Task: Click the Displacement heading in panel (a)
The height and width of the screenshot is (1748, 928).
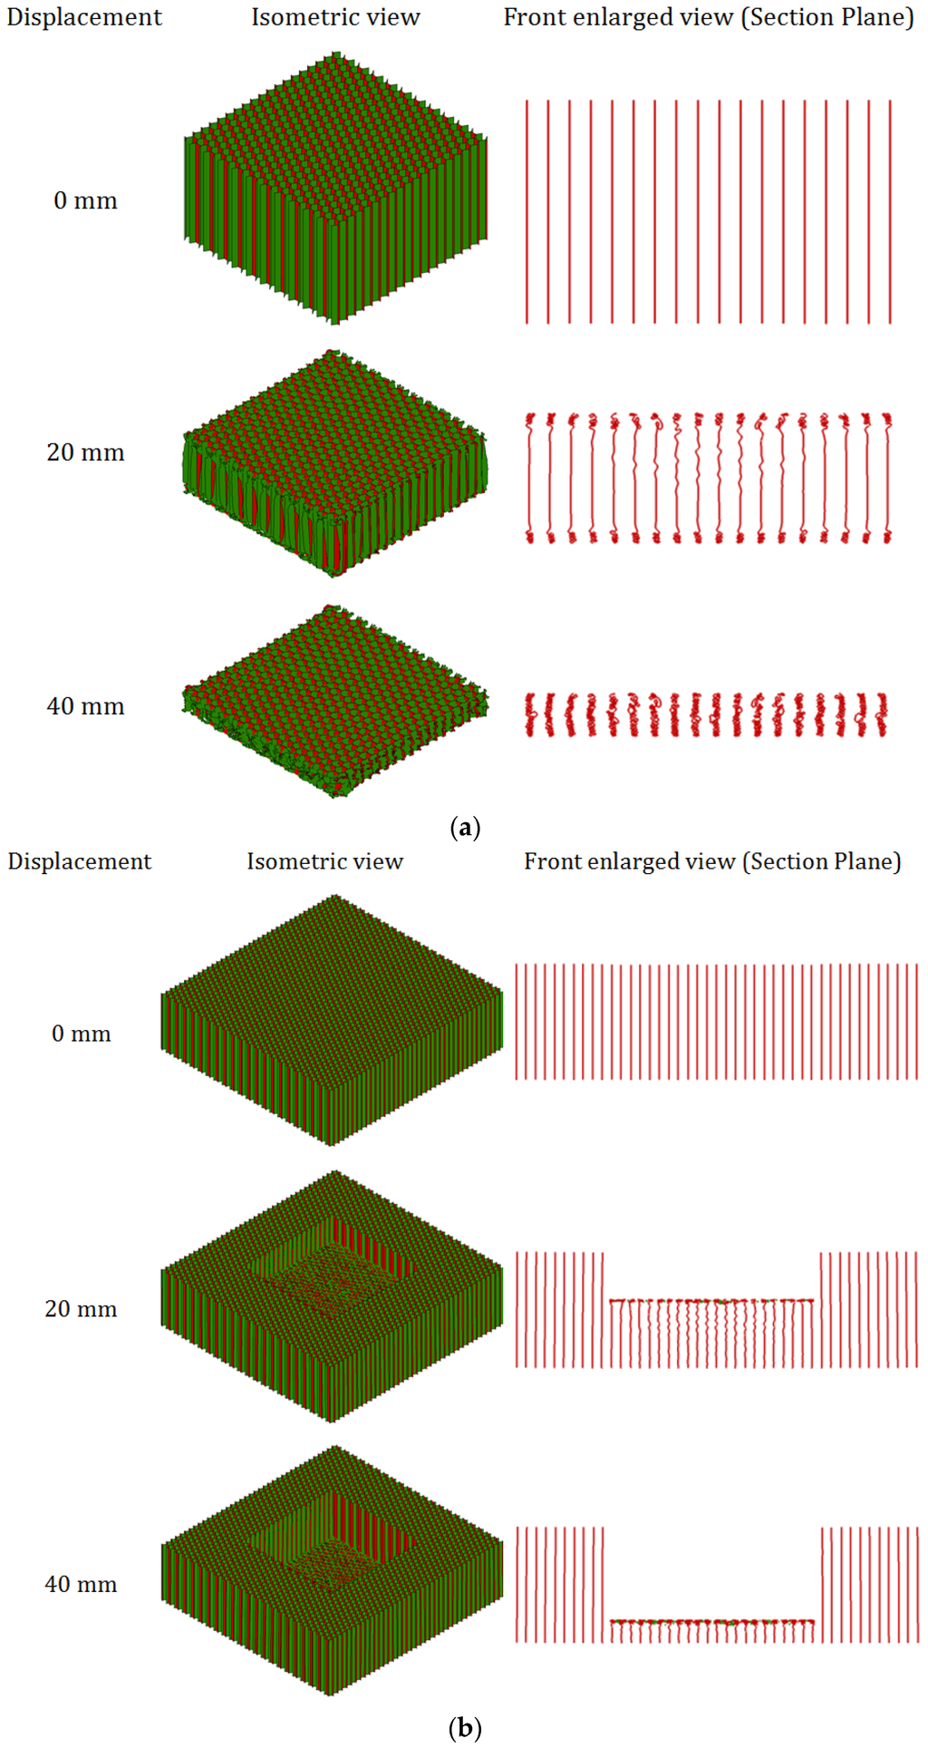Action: tap(84, 17)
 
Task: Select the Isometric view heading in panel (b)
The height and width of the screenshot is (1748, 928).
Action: tap(324, 861)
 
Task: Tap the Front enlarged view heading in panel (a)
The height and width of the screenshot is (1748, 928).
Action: tap(709, 17)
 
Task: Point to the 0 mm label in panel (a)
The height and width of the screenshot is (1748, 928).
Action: tap(85, 200)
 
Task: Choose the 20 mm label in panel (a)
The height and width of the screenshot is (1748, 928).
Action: tap(85, 452)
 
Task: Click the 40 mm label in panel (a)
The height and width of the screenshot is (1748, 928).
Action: tap(85, 706)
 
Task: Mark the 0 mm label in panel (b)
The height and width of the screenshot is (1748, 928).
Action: tap(81, 1034)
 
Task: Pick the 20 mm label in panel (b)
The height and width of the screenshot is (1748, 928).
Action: tap(81, 1309)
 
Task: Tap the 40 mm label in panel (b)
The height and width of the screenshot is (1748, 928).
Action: tap(81, 1585)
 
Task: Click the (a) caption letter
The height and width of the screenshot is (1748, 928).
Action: tap(465, 827)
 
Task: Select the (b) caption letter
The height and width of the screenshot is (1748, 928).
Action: tap(465, 1728)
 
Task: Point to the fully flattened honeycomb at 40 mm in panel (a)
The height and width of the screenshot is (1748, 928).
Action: tap(335, 703)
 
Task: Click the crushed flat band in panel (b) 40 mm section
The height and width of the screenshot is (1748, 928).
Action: tap(711, 1622)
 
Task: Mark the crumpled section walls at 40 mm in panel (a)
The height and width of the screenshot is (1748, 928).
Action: tap(707, 714)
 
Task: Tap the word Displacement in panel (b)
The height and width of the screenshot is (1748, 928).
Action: tap(80, 861)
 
